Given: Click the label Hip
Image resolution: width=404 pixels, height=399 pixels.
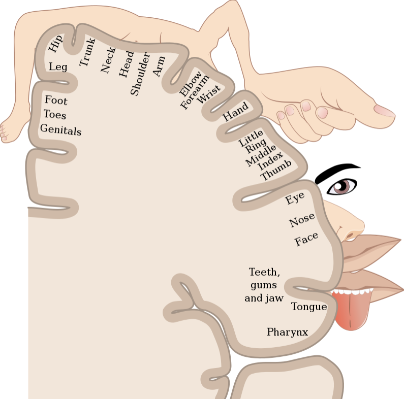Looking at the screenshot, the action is (x=56, y=43).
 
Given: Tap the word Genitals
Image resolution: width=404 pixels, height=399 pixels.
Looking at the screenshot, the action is (x=61, y=129).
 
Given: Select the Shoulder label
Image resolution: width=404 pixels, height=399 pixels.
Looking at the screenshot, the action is (x=140, y=74).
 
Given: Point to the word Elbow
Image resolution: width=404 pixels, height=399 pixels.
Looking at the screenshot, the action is (x=191, y=83).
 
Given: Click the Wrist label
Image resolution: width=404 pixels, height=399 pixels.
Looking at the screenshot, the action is (x=209, y=94).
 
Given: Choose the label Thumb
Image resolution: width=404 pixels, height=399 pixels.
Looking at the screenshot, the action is (x=276, y=170).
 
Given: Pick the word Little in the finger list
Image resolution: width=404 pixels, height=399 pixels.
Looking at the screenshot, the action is (x=251, y=138).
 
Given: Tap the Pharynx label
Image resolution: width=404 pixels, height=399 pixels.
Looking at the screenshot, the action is (x=288, y=332).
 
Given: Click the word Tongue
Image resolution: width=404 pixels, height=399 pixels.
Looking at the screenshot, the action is (x=309, y=307).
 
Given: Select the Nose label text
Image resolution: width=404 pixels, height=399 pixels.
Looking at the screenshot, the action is (x=302, y=220).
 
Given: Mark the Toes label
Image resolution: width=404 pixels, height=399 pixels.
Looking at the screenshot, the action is (x=55, y=114).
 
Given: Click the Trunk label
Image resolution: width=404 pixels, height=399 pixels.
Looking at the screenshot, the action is (x=87, y=52).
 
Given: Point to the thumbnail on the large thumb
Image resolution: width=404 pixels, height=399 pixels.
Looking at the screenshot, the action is (x=384, y=111).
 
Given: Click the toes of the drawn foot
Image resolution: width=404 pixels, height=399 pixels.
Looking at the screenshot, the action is (x=4, y=133).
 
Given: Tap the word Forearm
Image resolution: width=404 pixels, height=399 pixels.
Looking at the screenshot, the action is (x=195, y=92).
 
